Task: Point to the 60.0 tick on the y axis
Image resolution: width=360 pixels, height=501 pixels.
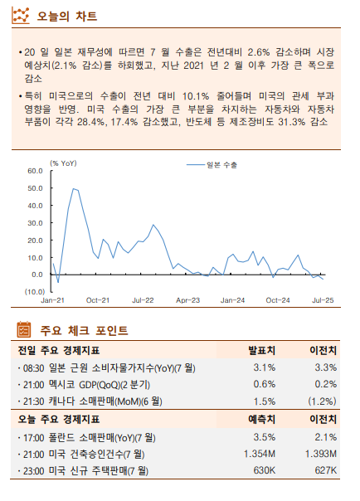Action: point(35,171)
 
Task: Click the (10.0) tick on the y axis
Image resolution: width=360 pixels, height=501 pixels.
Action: point(33,292)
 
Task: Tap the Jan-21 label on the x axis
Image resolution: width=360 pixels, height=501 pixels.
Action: point(53,300)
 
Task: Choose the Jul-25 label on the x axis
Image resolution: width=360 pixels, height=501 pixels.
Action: point(323,300)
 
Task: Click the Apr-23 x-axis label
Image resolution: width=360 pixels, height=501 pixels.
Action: point(188,300)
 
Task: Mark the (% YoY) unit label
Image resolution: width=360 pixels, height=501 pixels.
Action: point(63,163)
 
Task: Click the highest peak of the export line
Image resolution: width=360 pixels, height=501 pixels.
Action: point(74,189)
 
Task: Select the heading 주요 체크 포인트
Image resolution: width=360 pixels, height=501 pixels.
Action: point(83,331)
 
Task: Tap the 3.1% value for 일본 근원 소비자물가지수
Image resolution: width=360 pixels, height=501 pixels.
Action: point(264,367)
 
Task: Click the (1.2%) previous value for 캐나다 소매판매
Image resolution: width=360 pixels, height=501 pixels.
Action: point(323,401)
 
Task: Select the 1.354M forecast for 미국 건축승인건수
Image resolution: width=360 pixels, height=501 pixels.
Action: point(260,454)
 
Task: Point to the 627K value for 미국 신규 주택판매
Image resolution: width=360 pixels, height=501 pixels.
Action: point(325,471)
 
